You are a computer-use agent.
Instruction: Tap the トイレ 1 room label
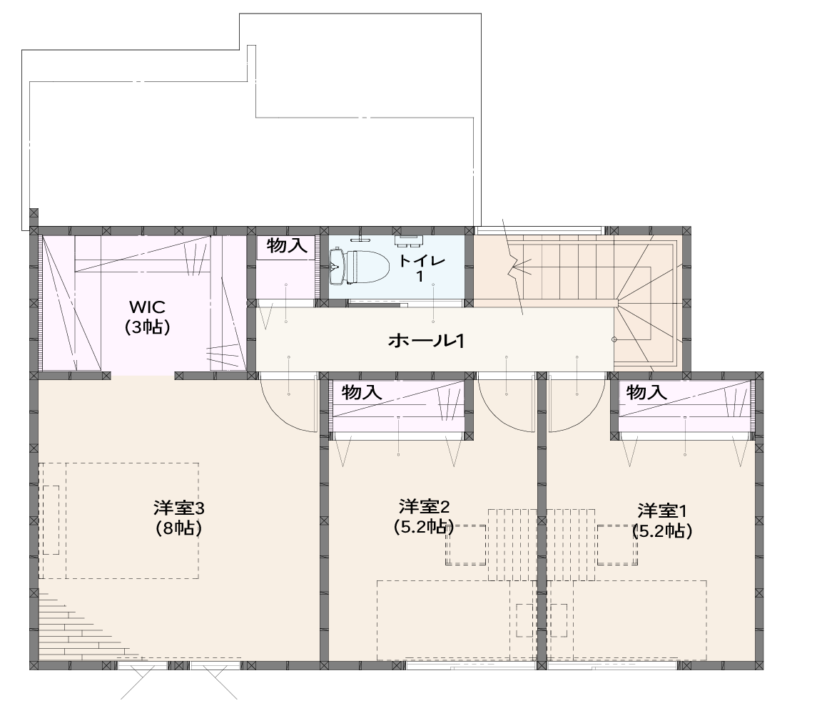click(421, 268)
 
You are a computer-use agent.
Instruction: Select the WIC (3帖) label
click(147, 317)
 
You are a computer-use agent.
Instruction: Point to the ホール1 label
click(426, 341)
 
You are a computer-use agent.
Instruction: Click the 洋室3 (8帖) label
click(179, 518)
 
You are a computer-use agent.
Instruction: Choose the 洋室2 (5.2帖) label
click(424, 516)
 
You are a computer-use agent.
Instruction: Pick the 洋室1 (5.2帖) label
click(662, 520)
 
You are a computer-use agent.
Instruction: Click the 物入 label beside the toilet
click(286, 245)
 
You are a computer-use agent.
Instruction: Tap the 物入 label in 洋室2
click(361, 392)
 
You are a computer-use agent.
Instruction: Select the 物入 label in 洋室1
click(646, 392)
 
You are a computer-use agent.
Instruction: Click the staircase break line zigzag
click(514, 267)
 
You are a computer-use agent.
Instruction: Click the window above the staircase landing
click(539, 230)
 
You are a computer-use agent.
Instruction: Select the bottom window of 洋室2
click(471, 666)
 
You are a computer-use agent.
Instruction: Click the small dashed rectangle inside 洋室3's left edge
click(51, 520)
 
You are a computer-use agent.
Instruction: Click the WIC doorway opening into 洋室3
click(143, 376)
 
